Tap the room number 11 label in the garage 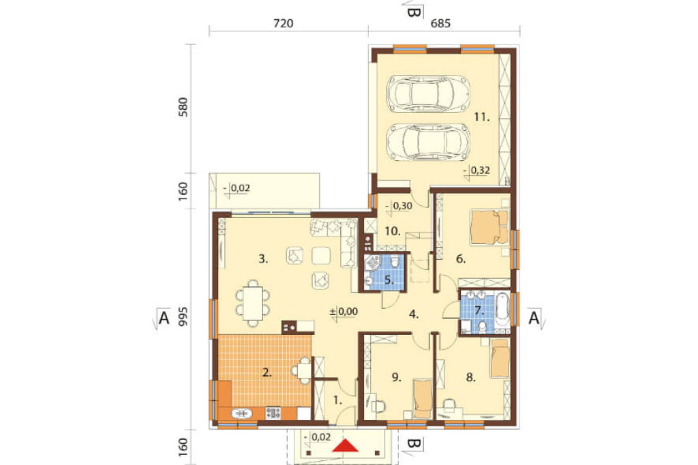(482, 117)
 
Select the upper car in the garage (429, 93)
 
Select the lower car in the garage (429, 141)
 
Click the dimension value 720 (283, 23)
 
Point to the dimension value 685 (441, 23)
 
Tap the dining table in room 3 (253, 303)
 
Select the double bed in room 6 (489, 227)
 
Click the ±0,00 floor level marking (344, 312)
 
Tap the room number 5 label (388, 280)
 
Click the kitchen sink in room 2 (242, 414)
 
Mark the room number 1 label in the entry (338, 401)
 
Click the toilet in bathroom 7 (481, 327)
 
